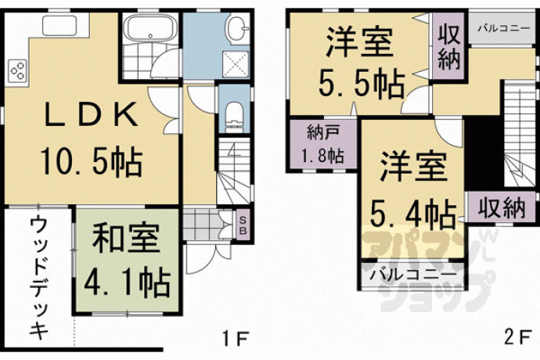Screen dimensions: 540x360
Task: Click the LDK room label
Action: coord(92,113)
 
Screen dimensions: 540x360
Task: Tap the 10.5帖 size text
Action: coord(92,161)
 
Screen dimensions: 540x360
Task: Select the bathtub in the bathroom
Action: coord(150,29)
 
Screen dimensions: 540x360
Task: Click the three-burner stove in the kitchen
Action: coord(17,70)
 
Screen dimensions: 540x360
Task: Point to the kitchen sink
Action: coord(59,25)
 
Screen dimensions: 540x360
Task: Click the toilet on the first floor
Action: coord(234,117)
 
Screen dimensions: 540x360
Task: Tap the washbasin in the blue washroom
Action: coord(238,27)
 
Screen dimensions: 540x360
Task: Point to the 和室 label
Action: coord(126,238)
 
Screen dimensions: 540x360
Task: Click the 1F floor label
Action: coord(235,339)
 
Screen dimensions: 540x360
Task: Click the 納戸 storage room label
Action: coord(323,132)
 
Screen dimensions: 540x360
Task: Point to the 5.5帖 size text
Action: coord(362,84)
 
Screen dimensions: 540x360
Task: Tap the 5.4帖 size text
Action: coord(413,213)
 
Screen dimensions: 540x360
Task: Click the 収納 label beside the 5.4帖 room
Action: coord(502,208)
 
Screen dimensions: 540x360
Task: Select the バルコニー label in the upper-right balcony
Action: coord(503,28)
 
